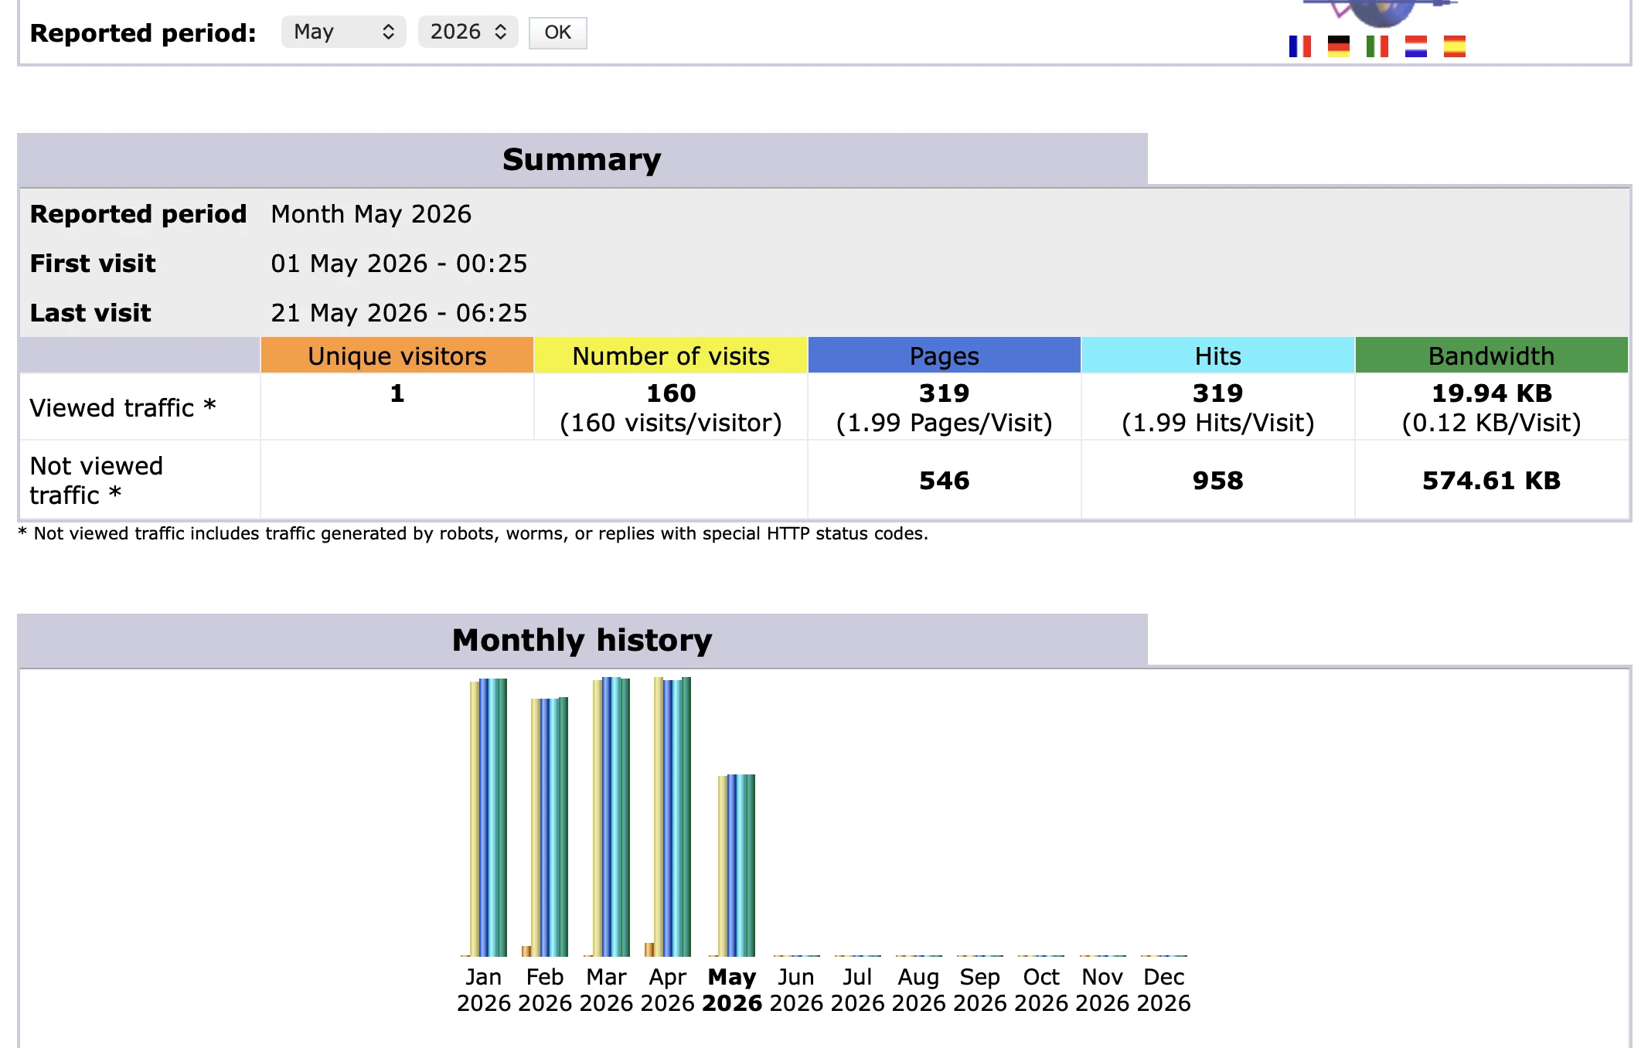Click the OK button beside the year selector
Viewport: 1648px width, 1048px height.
pyautogui.click(x=557, y=32)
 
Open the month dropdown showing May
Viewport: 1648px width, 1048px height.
pyautogui.click(x=343, y=32)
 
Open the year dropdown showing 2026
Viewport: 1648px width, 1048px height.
pyautogui.click(x=468, y=32)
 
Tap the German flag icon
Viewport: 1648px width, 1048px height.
pyautogui.click(x=1339, y=46)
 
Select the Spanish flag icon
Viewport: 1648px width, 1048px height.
pyautogui.click(x=1455, y=46)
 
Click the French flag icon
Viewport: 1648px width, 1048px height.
pyautogui.click(x=1300, y=46)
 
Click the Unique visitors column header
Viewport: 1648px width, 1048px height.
pyautogui.click(x=397, y=356)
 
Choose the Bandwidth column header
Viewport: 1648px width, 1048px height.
pyautogui.click(x=1491, y=356)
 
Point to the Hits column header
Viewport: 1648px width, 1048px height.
pyautogui.click(x=1217, y=356)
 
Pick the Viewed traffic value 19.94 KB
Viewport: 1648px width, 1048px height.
pyautogui.click(x=1492, y=393)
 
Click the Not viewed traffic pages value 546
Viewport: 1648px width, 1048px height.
pyautogui.click(x=944, y=481)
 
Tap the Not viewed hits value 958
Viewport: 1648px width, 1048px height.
pyautogui.click(x=1217, y=481)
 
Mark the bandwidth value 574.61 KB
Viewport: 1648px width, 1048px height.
pyautogui.click(x=1492, y=481)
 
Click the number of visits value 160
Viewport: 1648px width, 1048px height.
pyautogui.click(x=671, y=393)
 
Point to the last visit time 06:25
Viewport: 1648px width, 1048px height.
pyautogui.click(x=492, y=313)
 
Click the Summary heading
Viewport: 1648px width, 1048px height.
pyautogui.click(x=582, y=160)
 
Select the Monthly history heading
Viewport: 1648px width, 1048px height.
pyautogui.click(x=582, y=641)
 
